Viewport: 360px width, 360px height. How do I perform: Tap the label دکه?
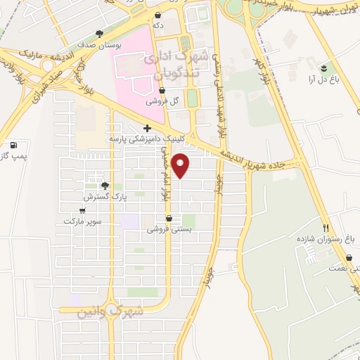tap(158, 25)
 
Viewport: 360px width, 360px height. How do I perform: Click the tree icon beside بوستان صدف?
tap(100, 33)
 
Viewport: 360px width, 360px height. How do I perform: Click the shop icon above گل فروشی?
tap(162, 90)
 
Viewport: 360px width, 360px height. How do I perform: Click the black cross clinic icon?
tap(147, 128)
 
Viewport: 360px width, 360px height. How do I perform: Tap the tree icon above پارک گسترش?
tap(105, 186)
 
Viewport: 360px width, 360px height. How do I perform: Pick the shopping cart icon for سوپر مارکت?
tap(83, 210)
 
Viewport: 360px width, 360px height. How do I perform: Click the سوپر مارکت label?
tap(83, 221)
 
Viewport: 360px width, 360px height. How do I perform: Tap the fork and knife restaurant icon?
tap(325, 228)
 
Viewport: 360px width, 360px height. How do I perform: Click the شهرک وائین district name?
tap(110, 310)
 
